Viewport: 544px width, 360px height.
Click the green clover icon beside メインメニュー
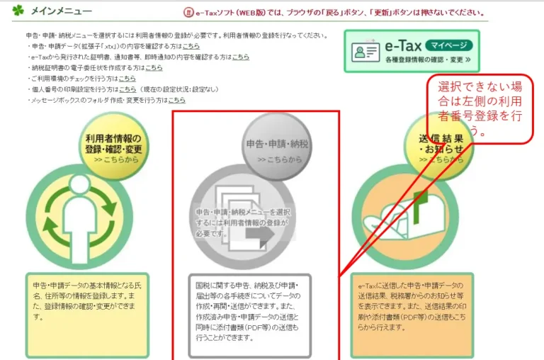[x=18, y=11]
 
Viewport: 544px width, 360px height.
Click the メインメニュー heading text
[x=62, y=11]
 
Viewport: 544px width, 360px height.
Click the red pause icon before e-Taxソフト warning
[x=188, y=12]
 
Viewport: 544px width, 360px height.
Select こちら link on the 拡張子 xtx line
[x=181, y=46]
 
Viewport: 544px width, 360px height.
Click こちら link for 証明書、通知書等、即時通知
[x=240, y=57]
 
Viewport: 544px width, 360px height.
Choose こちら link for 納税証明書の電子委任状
[x=154, y=67]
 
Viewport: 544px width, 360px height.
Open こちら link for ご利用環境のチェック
[x=127, y=79]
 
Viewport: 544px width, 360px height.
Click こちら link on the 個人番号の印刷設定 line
[x=127, y=89]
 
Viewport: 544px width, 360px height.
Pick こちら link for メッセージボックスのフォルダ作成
[x=180, y=101]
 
